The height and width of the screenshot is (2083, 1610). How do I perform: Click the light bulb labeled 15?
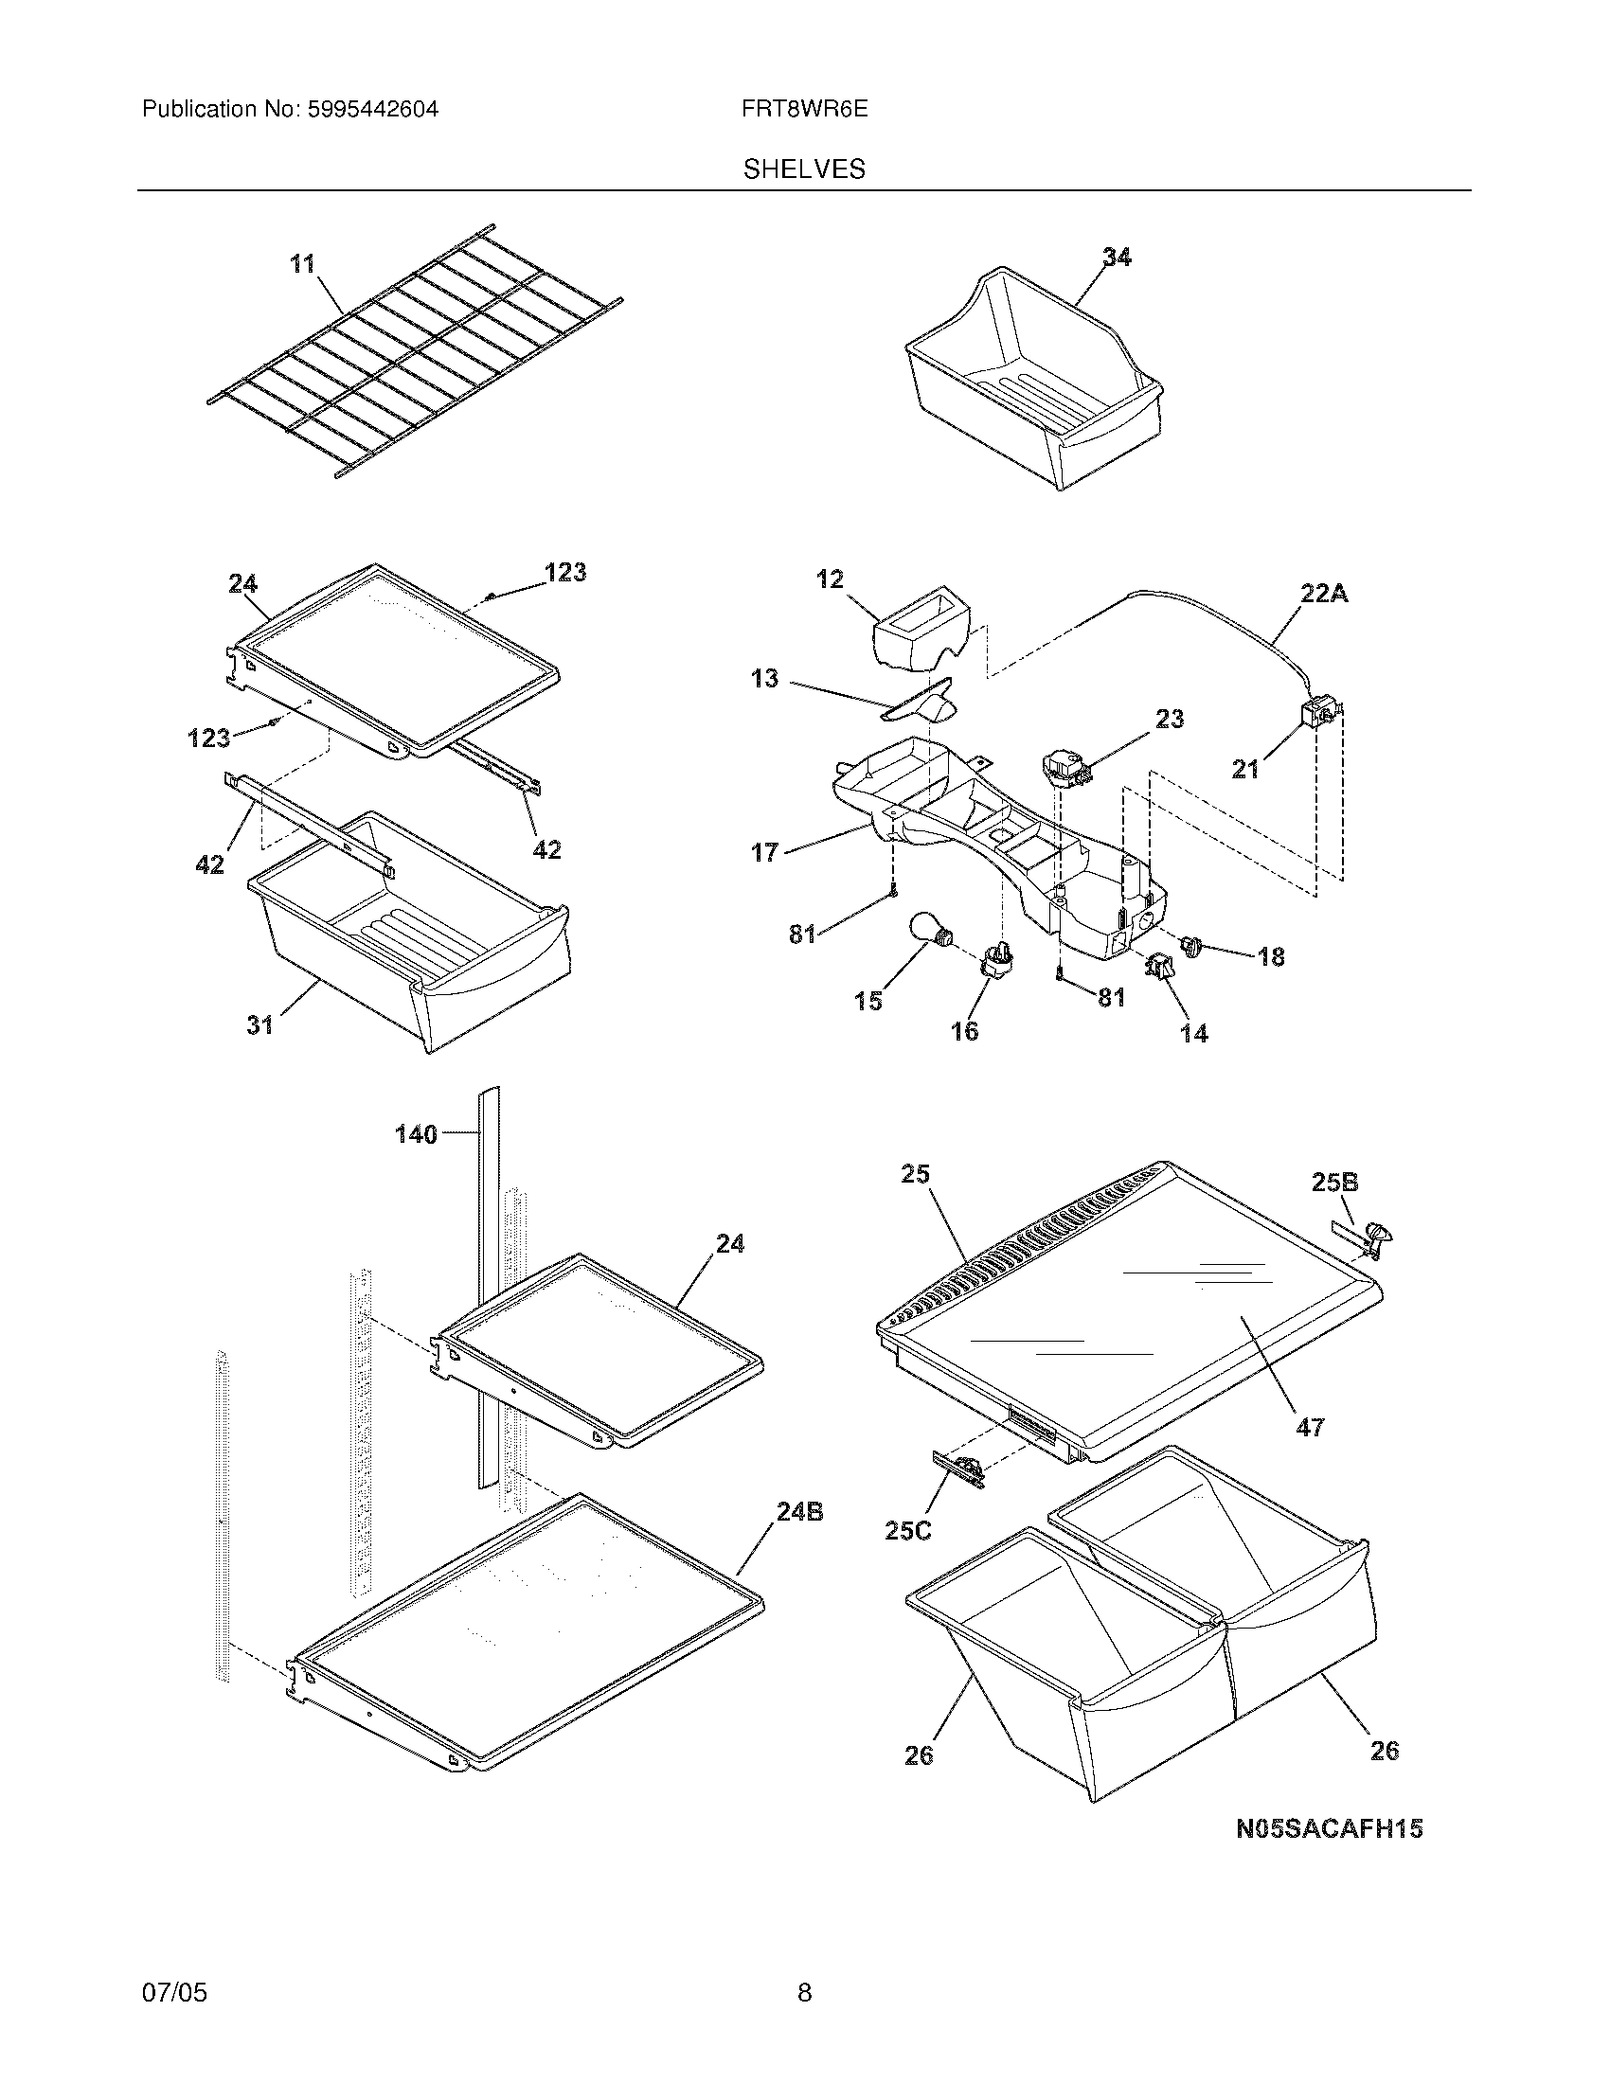tap(924, 929)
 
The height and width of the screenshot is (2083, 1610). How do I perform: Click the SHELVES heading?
tap(804, 169)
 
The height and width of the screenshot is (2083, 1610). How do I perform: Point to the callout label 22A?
tap(1324, 594)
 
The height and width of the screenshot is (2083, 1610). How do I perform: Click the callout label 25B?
tap(1334, 1183)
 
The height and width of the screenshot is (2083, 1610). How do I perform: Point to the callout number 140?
tap(416, 1134)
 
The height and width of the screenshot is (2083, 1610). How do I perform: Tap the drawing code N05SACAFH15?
tap(1330, 1828)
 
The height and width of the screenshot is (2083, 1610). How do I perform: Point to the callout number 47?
tap(1310, 1454)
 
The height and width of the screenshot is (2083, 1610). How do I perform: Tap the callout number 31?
tap(259, 1024)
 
